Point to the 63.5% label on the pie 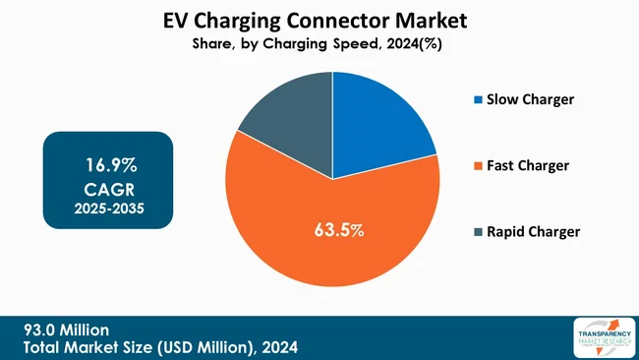point(339,231)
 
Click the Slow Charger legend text point(530,99)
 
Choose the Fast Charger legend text point(528,165)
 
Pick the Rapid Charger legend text point(534,232)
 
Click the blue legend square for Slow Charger point(479,100)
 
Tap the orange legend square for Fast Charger point(479,166)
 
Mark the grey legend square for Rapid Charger point(479,233)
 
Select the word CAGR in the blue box point(109,187)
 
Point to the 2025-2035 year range point(109,210)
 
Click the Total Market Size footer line point(163,347)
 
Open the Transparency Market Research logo point(601,336)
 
